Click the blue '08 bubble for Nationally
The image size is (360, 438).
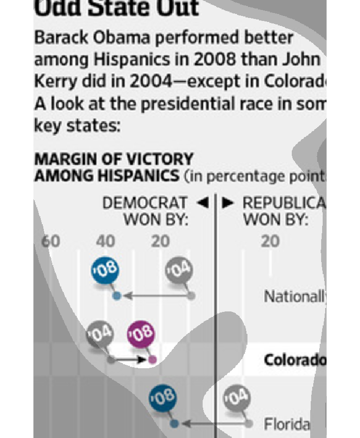click(x=105, y=271)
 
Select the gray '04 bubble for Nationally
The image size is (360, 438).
click(x=179, y=272)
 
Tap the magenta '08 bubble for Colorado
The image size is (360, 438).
click(x=141, y=334)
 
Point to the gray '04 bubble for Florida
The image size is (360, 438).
click(x=236, y=399)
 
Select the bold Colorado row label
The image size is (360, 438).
click(x=294, y=359)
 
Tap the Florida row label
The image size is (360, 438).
click(x=286, y=425)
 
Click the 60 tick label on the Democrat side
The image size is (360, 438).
click(x=50, y=242)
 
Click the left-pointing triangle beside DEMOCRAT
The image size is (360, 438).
click(x=202, y=203)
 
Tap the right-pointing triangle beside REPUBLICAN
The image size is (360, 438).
click(x=228, y=203)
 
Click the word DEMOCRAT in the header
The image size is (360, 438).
click(x=145, y=203)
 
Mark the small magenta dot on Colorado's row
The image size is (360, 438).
click(x=152, y=359)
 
